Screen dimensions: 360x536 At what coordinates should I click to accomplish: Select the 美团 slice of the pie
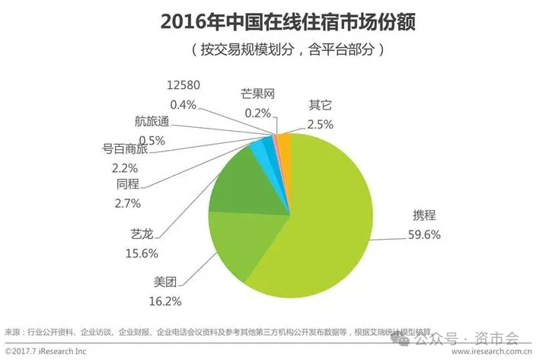coord(236,244)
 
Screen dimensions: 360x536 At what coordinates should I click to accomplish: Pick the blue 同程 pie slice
coord(258,150)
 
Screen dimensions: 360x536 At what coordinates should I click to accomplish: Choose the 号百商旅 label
coord(126,150)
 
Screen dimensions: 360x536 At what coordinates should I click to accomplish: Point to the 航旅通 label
coord(147,122)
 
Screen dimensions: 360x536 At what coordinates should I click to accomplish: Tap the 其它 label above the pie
coord(321,104)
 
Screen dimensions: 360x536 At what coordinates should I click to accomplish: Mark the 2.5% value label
coord(321,122)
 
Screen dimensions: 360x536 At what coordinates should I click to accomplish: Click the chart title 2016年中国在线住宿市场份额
coord(267,21)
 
